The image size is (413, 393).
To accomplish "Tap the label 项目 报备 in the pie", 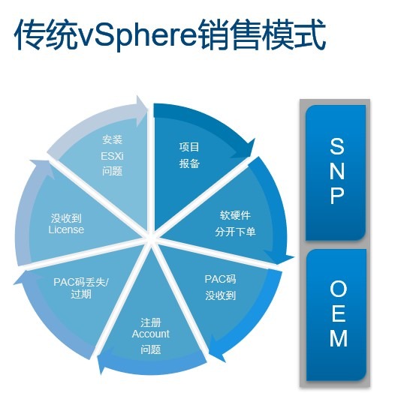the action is click(x=189, y=155).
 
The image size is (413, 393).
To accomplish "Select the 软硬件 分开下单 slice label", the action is click(x=235, y=223).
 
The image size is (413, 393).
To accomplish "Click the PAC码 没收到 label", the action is click(x=221, y=287).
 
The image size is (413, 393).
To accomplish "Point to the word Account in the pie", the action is click(x=151, y=334).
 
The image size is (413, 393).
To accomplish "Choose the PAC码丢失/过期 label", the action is click(x=81, y=288).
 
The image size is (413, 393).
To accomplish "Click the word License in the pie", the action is click(x=66, y=229).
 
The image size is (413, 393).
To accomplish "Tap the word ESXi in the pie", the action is click(x=112, y=156).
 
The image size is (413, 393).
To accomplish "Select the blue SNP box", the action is click(x=336, y=172).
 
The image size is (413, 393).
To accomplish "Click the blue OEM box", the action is click(x=336, y=314).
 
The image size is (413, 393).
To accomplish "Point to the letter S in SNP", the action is click(x=337, y=146).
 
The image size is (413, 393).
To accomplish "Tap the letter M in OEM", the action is click(x=339, y=338).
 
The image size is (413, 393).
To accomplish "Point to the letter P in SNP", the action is click(x=337, y=196).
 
